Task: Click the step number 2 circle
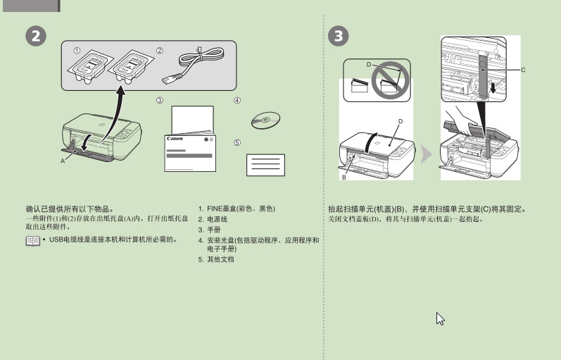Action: [x=36, y=36]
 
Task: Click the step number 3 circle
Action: [x=338, y=36]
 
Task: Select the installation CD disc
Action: [x=265, y=120]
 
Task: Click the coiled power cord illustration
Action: [x=194, y=66]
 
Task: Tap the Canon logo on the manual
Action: [x=175, y=139]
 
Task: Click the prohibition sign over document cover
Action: [x=390, y=80]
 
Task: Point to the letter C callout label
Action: [x=523, y=70]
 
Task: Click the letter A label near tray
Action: [x=63, y=161]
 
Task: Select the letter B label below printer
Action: [x=343, y=177]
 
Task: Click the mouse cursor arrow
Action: [x=440, y=318]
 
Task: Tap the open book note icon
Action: [x=33, y=241]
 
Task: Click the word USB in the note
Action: [x=56, y=240]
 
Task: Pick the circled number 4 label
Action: [x=237, y=100]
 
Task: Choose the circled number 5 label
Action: [x=237, y=142]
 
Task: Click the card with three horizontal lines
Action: [x=265, y=165]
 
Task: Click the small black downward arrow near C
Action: [x=493, y=88]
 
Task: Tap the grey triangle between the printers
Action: [x=426, y=154]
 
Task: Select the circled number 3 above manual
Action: [x=160, y=100]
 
